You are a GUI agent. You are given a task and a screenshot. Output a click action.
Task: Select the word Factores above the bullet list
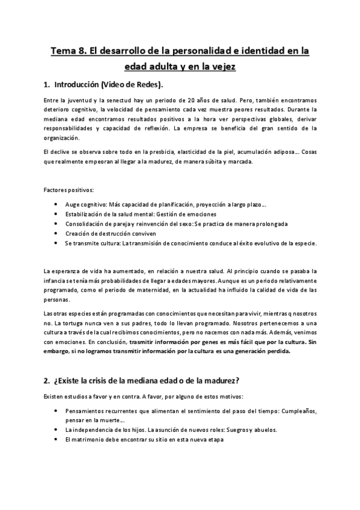pos(55,191)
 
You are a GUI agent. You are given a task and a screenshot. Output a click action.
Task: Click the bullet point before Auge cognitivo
pos(56,204)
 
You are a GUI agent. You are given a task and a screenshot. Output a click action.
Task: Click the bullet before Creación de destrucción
pos(56,233)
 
